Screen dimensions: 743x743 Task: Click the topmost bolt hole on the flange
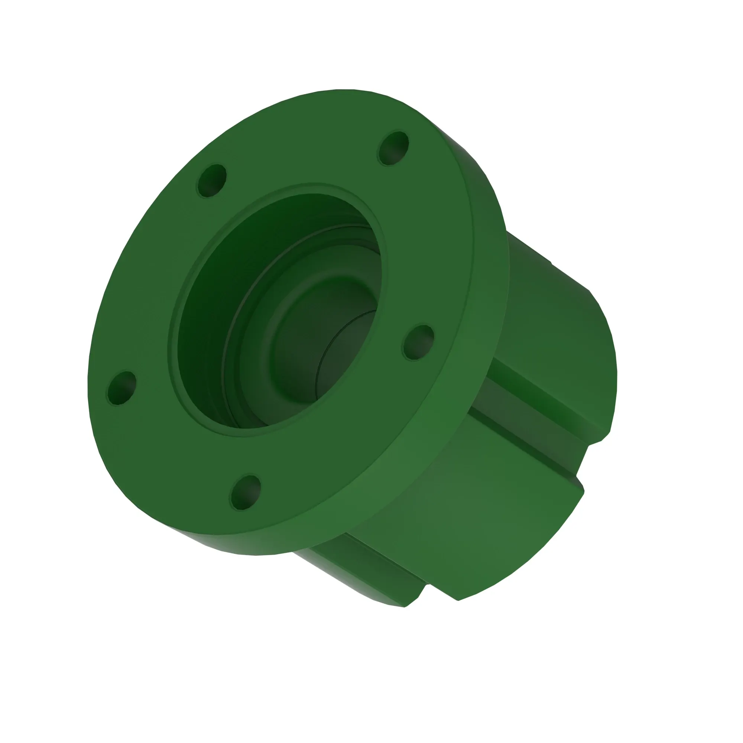(x=393, y=148)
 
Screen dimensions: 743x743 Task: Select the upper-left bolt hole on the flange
(x=211, y=181)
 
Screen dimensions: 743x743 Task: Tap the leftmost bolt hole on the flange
(x=121, y=387)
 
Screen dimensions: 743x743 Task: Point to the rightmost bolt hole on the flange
(x=418, y=342)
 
